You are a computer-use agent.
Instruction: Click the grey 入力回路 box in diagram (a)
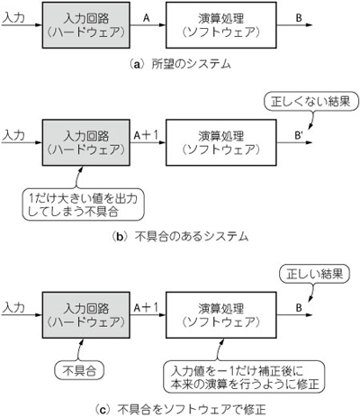click(86, 25)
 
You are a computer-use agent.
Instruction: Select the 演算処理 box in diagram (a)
click(221, 25)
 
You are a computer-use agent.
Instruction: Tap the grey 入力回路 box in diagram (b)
click(86, 142)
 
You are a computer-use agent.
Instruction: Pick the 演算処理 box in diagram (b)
click(221, 142)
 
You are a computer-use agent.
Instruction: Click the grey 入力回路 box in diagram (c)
click(86, 314)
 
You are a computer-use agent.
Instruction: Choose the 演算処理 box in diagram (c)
click(221, 314)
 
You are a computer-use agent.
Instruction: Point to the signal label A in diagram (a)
click(146, 18)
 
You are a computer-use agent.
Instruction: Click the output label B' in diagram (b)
click(300, 136)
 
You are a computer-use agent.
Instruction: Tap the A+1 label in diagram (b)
click(146, 135)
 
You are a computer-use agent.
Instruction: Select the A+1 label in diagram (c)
click(146, 307)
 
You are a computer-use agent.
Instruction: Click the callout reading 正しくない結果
click(310, 102)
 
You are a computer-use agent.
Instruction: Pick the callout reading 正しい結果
click(314, 274)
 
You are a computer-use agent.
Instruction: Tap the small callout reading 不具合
click(79, 370)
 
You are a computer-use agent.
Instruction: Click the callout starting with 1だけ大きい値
click(84, 205)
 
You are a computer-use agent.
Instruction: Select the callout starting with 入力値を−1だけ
click(245, 377)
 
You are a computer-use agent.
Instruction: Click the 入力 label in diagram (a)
click(13, 18)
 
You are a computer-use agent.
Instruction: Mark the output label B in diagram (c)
click(299, 308)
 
